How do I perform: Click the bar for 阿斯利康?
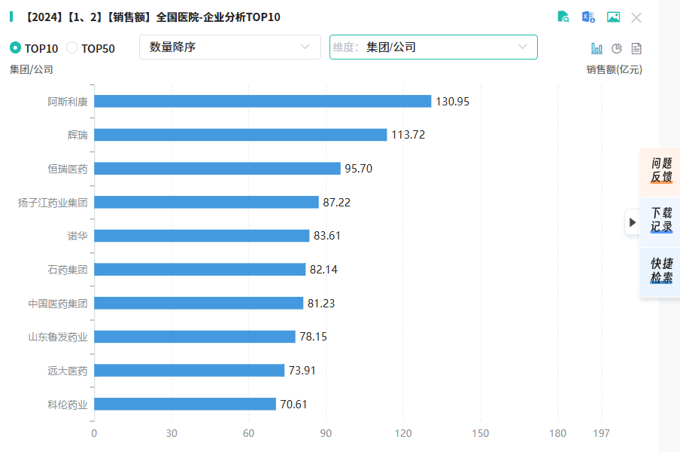[262, 101]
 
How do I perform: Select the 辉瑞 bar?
[240, 135]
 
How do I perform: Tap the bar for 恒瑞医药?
[217, 169]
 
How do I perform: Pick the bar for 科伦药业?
[184, 405]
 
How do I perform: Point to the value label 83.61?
[327, 236]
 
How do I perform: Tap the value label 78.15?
[313, 337]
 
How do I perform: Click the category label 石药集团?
[68, 270]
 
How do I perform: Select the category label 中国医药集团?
[58, 304]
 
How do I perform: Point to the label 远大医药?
[68, 371]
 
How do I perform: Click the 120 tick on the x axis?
[403, 433]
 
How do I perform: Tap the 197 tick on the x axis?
[601, 433]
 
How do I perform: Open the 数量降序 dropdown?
[229, 47]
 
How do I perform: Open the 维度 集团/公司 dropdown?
[433, 47]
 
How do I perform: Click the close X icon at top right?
[636, 17]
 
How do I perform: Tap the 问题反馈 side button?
[661, 170]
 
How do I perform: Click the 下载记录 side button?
[661, 220]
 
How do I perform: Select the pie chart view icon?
[617, 48]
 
